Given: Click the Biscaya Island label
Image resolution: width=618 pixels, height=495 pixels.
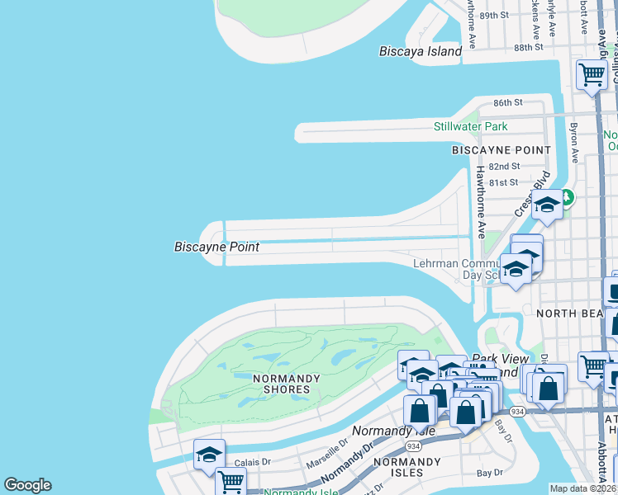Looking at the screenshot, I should tap(420, 51).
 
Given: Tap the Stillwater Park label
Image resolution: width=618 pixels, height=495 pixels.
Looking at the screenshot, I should tap(471, 126).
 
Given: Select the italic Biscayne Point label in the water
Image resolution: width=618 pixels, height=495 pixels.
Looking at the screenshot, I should tap(216, 247).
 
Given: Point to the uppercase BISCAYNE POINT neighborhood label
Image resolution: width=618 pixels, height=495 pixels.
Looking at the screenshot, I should tap(501, 150).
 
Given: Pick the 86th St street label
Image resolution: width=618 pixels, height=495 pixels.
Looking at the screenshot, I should tap(508, 103).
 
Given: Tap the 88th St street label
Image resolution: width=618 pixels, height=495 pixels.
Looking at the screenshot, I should tap(526, 48).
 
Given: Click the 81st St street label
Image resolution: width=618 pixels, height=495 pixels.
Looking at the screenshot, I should tap(502, 182).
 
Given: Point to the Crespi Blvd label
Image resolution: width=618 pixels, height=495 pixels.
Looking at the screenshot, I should tap(525, 196).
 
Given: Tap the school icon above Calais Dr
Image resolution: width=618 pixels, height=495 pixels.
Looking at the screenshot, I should tap(209, 455).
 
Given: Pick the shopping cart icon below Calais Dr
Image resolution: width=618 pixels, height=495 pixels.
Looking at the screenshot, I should tap(231, 481).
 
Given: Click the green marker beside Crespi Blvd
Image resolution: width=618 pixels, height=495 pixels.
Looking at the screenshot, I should tap(567, 198).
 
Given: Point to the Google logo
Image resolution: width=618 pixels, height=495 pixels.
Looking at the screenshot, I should tap(27, 485).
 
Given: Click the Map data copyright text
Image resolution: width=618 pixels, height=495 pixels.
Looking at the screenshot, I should tap(582, 488).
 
